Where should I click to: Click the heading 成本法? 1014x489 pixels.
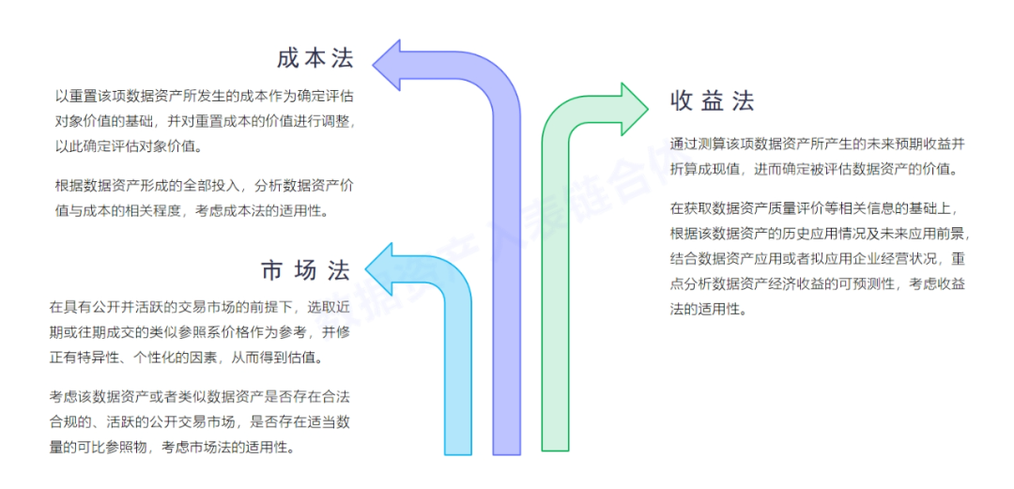click(x=315, y=58)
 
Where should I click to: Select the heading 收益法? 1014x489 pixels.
click(x=713, y=101)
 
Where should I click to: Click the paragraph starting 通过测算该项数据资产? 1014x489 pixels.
click(x=818, y=157)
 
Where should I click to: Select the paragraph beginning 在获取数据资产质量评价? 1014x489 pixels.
click(x=818, y=258)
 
